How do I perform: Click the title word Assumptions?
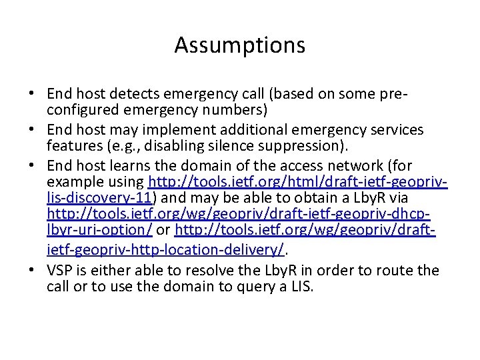(x=240, y=45)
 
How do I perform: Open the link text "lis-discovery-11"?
(x=100, y=198)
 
